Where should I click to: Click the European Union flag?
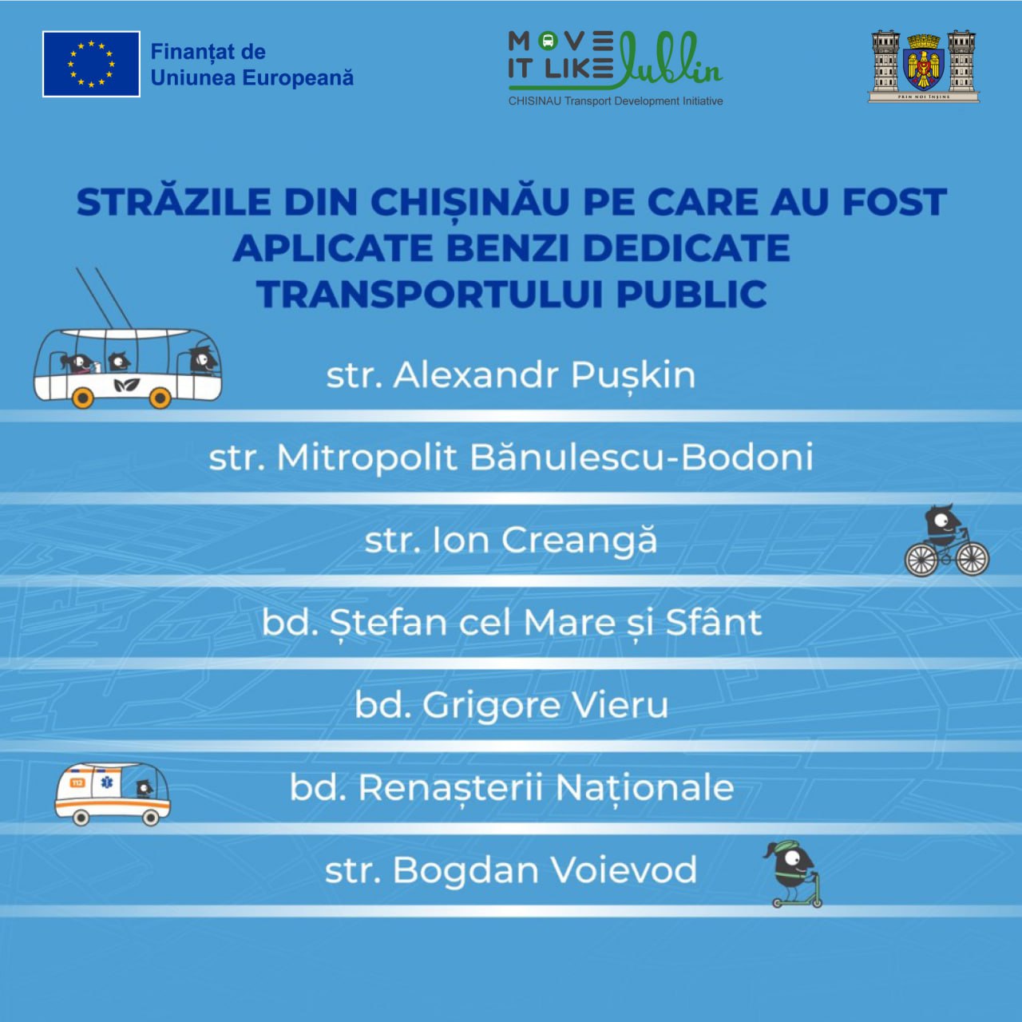click(91, 64)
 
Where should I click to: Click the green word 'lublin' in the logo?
click(670, 59)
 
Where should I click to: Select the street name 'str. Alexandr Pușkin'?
click(511, 376)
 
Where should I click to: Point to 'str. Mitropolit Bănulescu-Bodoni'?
click(511, 458)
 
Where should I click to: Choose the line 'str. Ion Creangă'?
click(511, 540)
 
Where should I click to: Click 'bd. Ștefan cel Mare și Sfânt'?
click(512, 623)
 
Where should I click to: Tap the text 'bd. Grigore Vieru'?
click(511, 705)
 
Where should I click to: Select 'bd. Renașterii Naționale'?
click(512, 788)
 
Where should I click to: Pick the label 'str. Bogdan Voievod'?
click(511, 870)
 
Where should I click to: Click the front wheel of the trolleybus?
click(160, 398)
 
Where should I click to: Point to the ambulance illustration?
click(113, 794)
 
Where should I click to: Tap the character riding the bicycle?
click(946, 540)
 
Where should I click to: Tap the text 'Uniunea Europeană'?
click(252, 78)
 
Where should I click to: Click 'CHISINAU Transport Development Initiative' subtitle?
click(616, 101)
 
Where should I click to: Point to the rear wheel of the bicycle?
click(921, 560)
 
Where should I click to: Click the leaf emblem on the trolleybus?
click(127, 386)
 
